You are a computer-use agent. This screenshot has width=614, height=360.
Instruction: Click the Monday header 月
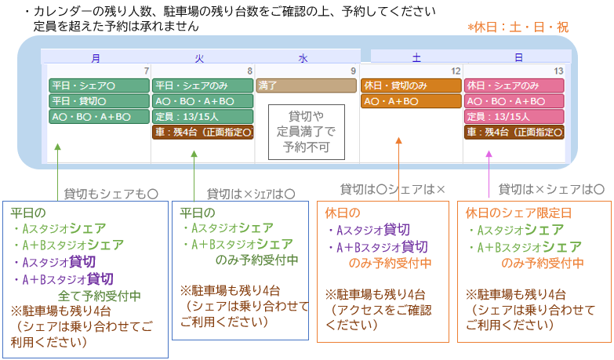click(96, 58)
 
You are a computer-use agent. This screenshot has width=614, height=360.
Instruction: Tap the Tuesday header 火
click(199, 58)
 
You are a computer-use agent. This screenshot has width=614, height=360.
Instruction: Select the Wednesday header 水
click(303, 58)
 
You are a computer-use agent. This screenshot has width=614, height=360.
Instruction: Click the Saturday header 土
click(416, 57)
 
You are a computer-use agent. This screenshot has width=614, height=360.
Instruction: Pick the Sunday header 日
click(518, 57)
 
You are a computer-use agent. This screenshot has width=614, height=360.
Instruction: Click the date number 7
click(147, 71)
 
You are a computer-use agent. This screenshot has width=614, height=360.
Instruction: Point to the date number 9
click(353, 71)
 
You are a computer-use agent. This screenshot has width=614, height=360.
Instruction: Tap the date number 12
click(456, 71)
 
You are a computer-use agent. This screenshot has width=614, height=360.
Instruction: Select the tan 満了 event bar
click(307, 85)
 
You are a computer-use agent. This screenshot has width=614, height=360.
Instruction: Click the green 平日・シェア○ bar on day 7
click(99, 85)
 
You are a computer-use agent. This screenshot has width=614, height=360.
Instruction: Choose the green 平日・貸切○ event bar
click(99, 101)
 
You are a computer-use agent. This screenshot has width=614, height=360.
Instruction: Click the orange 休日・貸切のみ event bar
click(411, 85)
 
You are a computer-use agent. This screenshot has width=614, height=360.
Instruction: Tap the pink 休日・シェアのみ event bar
click(514, 85)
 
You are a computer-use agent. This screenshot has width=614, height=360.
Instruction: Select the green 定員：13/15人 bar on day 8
click(203, 116)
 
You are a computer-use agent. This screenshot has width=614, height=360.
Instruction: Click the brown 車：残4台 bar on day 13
click(514, 132)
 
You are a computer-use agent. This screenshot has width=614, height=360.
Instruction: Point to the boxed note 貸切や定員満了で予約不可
click(307, 132)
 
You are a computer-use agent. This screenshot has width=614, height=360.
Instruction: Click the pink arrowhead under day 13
click(489, 154)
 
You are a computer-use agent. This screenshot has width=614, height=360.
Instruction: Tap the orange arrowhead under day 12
click(398, 140)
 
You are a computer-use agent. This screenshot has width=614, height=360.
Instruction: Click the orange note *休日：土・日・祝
click(518, 27)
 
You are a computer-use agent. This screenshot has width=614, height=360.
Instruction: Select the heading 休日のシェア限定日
click(518, 213)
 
